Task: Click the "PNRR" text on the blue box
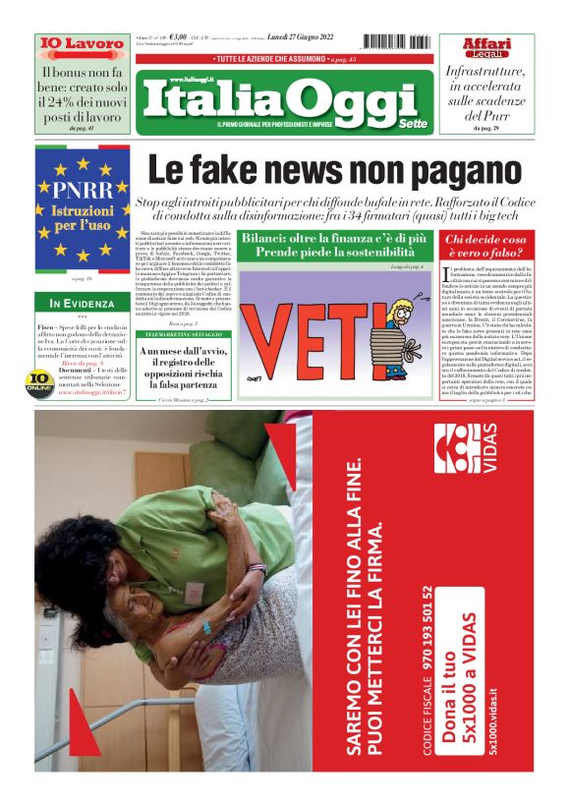pos(83,189)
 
